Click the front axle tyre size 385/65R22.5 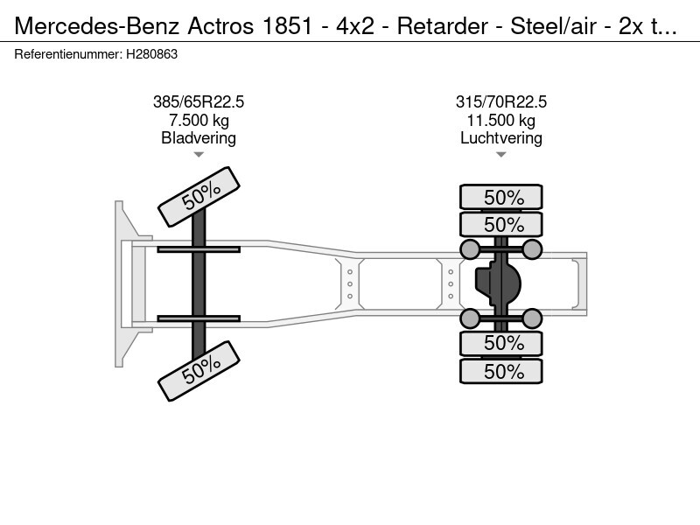(199, 102)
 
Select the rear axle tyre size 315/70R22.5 (500, 102)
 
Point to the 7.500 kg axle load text (199, 120)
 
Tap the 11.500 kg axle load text (500, 120)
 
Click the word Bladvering (199, 138)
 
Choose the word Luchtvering (500, 138)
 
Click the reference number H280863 (151, 54)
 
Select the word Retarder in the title (443, 26)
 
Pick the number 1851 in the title (287, 26)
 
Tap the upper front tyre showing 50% (199, 197)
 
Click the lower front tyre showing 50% (199, 371)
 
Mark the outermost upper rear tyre (500, 197)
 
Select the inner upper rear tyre (500, 224)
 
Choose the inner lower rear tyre (500, 343)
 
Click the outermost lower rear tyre (500, 371)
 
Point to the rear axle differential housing (498, 283)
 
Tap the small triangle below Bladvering (199, 155)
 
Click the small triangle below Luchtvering (500, 155)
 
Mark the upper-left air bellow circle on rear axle (469, 249)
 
